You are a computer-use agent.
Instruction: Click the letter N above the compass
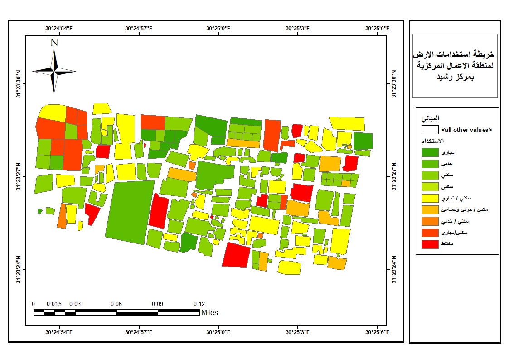tap(54, 42)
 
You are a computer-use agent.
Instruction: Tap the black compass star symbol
tap(54, 71)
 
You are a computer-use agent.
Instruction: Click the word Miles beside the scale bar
tap(209, 312)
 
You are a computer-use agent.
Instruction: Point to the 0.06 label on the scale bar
tap(116, 304)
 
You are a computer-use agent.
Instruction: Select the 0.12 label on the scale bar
tap(199, 304)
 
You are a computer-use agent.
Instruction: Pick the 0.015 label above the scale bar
tap(54, 304)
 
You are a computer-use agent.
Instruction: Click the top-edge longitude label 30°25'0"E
tap(218, 28)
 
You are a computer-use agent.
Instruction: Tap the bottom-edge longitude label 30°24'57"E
tap(139, 332)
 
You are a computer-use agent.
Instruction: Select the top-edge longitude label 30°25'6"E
tap(377, 28)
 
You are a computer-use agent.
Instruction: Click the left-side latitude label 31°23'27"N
tap(19, 176)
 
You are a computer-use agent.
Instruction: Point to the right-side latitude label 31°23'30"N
tap(394, 84)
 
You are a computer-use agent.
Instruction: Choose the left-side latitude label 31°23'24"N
tap(19, 269)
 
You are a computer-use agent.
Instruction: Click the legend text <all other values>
tap(467, 130)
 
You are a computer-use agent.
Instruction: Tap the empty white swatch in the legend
tap(430, 130)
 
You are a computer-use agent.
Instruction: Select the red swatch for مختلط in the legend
tap(430, 244)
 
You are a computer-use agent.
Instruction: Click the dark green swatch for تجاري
tap(430, 152)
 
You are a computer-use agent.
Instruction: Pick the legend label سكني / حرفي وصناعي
tap(465, 210)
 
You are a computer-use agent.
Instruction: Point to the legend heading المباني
tap(430, 118)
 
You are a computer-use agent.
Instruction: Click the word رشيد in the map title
tap(443, 77)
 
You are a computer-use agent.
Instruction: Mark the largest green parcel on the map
tap(130, 212)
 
